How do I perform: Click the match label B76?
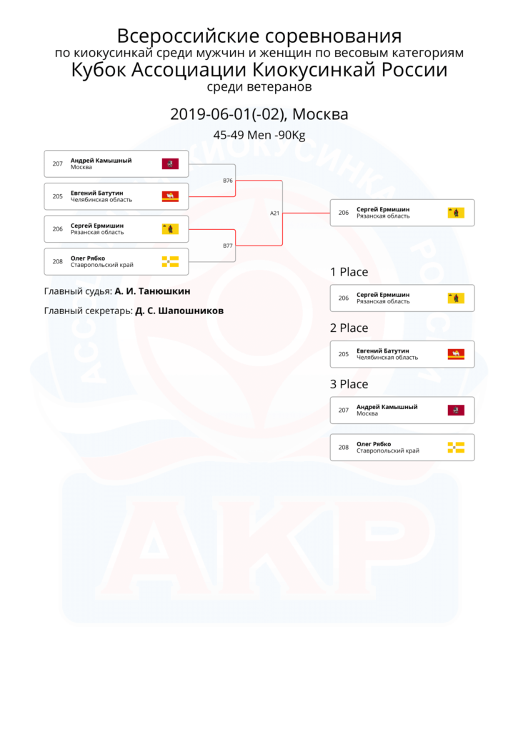(228, 181)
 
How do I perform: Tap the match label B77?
(228, 246)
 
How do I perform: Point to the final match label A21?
(275, 213)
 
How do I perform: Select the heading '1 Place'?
(349, 272)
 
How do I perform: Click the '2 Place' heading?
(349, 328)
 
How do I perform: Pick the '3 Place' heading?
(349, 383)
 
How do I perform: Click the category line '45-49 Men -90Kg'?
(259, 135)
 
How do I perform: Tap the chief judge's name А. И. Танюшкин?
(153, 291)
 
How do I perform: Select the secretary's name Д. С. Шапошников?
(179, 311)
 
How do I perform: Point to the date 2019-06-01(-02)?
(227, 114)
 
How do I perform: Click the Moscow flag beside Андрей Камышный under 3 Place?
(456, 410)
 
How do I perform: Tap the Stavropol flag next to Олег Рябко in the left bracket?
(170, 261)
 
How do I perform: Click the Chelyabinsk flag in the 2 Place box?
(456, 354)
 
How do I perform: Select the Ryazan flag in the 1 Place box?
(456, 298)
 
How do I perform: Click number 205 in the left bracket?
(57, 196)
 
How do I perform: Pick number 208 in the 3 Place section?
(344, 447)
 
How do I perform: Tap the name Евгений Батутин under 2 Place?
(383, 351)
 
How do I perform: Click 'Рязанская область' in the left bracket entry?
(97, 232)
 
